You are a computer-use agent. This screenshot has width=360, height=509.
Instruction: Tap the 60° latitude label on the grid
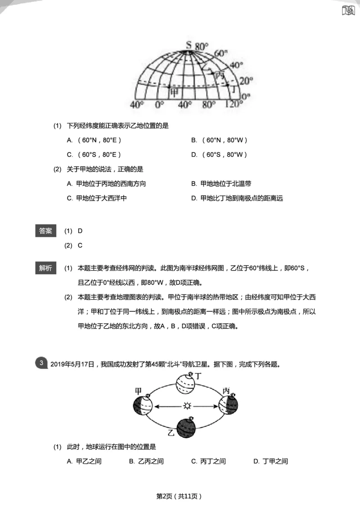tap(220, 53)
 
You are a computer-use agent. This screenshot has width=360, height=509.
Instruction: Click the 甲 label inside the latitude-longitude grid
tap(173, 92)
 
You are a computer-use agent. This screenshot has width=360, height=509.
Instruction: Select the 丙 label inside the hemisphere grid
tap(219, 75)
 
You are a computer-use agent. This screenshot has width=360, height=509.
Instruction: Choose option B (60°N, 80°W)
tap(219, 140)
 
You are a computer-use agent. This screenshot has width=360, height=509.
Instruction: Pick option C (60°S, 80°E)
tap(94, 155)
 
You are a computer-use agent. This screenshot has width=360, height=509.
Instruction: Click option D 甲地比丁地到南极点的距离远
tap(237, 198)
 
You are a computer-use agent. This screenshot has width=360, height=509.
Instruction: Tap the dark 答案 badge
tap(45, 231)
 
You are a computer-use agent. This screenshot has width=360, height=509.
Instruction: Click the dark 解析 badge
tap(45, 268)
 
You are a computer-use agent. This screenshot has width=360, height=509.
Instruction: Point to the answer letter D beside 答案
tap(80, 231)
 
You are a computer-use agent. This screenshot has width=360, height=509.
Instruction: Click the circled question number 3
tap(41, 363)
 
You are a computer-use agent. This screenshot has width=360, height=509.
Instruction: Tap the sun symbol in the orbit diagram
tap(187, 406)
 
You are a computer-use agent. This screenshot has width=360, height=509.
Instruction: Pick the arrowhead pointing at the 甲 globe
tap(157, 406)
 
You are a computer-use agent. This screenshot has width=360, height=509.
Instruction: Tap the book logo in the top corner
tap(348, 10)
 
